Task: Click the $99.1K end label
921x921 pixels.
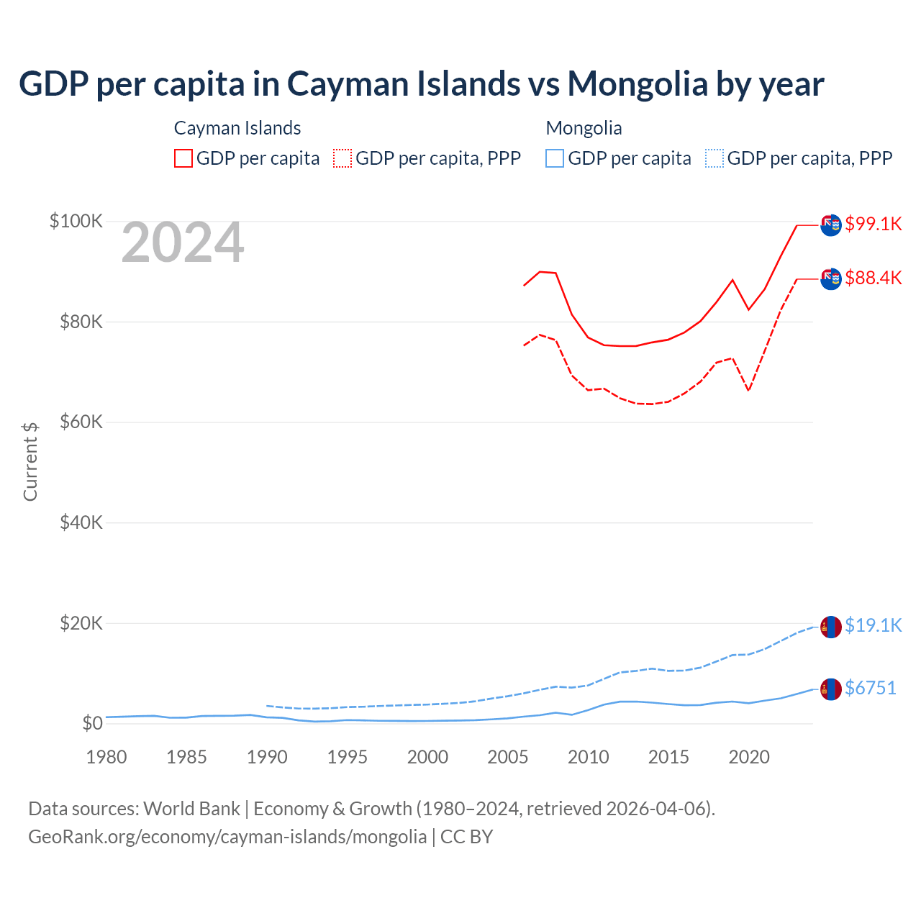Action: pyautogui.click(x=873, y=224)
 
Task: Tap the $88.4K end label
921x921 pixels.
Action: pyautogui.click(x=873, y=278)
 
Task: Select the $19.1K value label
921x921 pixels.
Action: pyautogui.click(x=873, y=625)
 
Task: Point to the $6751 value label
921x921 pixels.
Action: pyautogui.click(x=870, y=688)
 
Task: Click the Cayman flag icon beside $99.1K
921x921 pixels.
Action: pyautogui.click(x=831, y=224)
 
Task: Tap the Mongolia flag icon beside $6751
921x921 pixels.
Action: pyautogui.click(x=831, y=689)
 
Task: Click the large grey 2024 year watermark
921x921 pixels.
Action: pyautogui.click(x=183, y=243)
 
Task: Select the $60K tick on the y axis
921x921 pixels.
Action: pyautogui.click(x=81, y=422)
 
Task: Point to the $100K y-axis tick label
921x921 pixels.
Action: pyautogui.click(x=76, y=221)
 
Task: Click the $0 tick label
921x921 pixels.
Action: pyautogui.click(x=92, y=723)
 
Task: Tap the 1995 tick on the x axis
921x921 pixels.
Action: pyautogui.click(x=348, y=757)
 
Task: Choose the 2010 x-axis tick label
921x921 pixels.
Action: pyautogui.click(x=589, y=757)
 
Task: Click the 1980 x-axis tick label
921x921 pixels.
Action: pyautogui.click(x=106, y=757)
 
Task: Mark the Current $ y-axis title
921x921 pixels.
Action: pyautogui.click(x=30, y=461)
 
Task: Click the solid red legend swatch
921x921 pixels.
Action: pyautogui.click(x=183, y=158)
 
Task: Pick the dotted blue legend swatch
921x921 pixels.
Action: pyautogui.click(x=714, y=158)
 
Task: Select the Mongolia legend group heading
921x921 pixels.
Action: pyautogui.click(x=584, y=128)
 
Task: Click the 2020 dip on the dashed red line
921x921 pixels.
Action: pyautogui.click(x=749, y=390)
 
